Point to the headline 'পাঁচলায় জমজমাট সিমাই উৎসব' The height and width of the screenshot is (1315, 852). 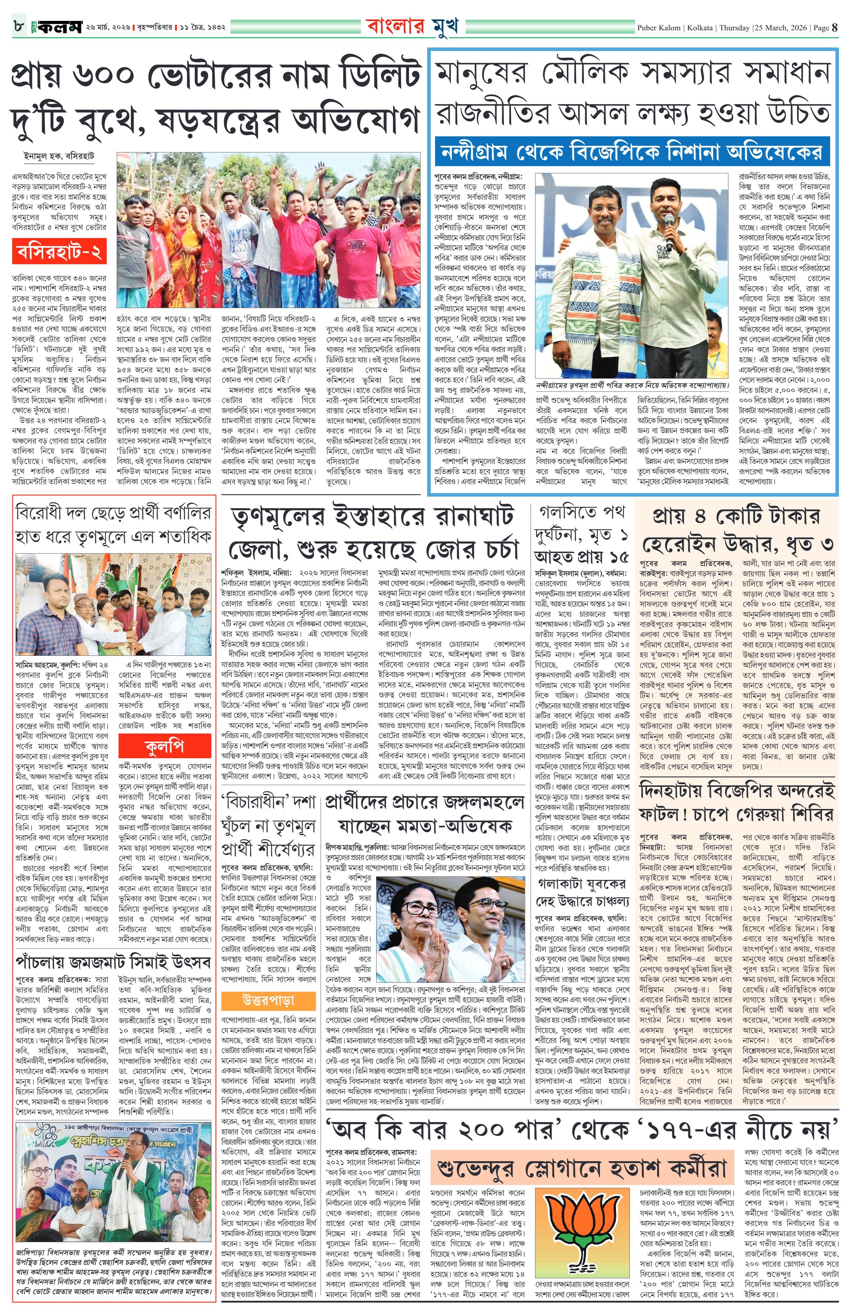pyautogui.click(x=113, y=962)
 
